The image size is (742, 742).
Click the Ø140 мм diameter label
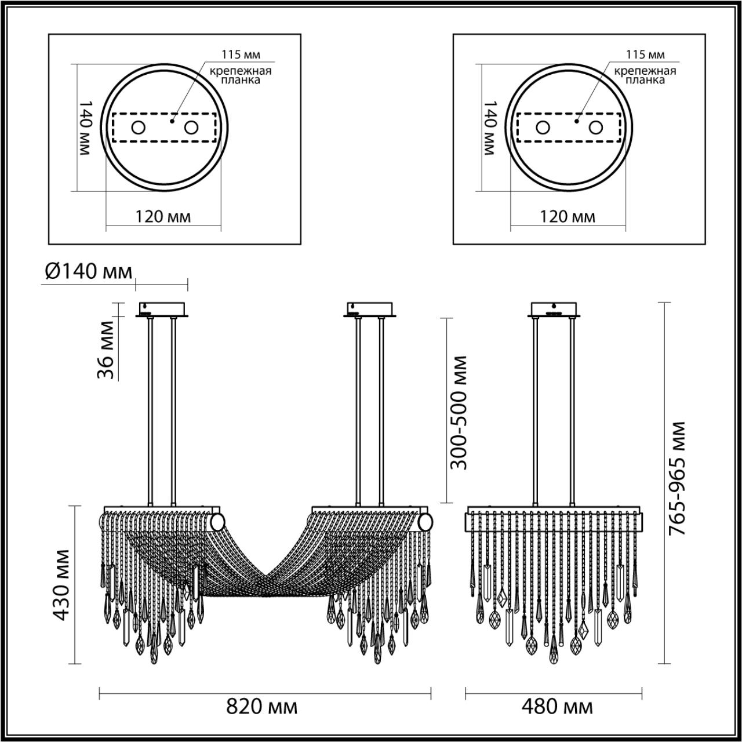[x=88, y=271]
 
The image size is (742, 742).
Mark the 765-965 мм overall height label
[x=675, y=478]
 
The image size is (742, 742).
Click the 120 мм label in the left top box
[x=162, y=217]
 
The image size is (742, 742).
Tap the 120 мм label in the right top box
[x=567, y=217]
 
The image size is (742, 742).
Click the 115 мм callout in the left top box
[x=241, y=55]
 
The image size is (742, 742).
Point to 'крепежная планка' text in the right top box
[x=645, y=75]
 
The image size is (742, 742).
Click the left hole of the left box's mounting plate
[x=137, y=128]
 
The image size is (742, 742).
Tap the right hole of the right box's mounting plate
[x=595, y=128]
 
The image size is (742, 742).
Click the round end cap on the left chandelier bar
[x=217, y=522]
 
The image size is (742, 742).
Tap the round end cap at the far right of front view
[x=426, y=522]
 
